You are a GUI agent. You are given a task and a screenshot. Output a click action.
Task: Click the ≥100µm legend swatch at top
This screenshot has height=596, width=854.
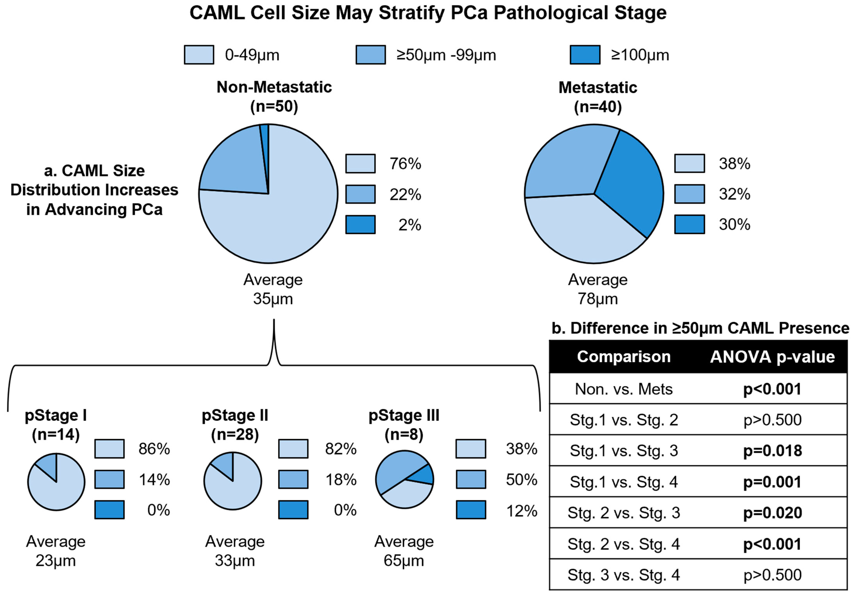pos(585,55)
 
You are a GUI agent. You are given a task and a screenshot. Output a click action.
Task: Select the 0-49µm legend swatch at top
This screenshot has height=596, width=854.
pos(199,55)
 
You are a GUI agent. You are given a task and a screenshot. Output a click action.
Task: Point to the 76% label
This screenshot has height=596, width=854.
pos(405,164)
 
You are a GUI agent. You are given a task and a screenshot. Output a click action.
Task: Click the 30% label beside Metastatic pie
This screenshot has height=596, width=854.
pos(734,225)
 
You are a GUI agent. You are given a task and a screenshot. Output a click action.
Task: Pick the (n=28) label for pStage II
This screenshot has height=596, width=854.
pos(235,434)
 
